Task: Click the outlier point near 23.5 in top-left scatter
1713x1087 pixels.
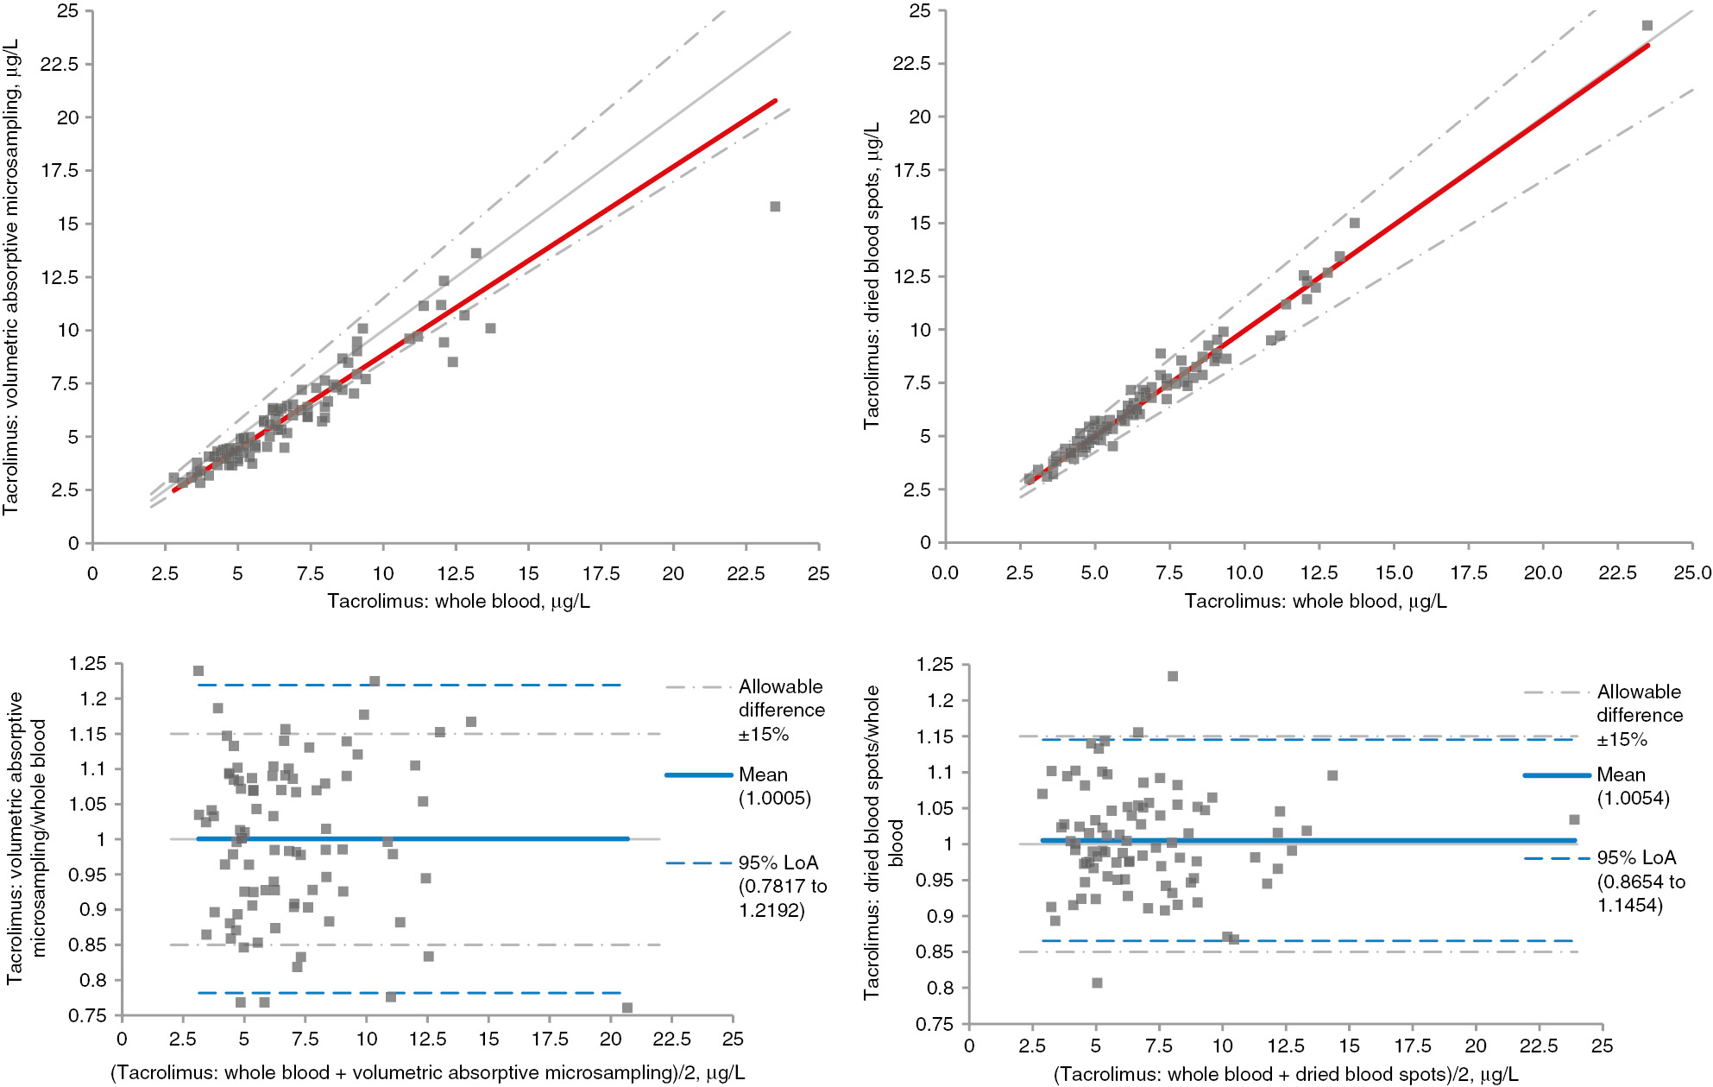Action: coord(775,206)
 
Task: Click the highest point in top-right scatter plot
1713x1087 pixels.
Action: coord(1647,26)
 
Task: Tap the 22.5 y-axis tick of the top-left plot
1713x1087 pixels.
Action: coord(60,64)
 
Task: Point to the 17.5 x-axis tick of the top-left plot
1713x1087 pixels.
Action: coord(601,573)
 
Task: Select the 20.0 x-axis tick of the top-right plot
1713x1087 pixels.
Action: coord(1543,572)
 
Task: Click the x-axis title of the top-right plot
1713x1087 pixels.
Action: coord(1315,601)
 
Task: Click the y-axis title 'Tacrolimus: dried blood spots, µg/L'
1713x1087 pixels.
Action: coord(872,275)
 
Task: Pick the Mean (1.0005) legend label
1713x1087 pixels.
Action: coord(774,786)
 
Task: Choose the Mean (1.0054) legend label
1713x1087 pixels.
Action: coord(1633,786)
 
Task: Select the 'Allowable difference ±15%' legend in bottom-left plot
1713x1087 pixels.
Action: coord(781,710)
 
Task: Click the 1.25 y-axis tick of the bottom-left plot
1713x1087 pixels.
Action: coord(88,664)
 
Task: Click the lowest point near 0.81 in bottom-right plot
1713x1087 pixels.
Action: coord(1097,983)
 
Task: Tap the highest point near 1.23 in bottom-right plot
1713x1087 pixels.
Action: coord(1173,676)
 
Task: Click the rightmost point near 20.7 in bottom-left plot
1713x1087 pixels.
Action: coord(627,1008)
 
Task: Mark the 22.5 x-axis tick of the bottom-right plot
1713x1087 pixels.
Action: coord(1539,1046)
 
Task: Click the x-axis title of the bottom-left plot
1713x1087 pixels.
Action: coord(427,1072)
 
